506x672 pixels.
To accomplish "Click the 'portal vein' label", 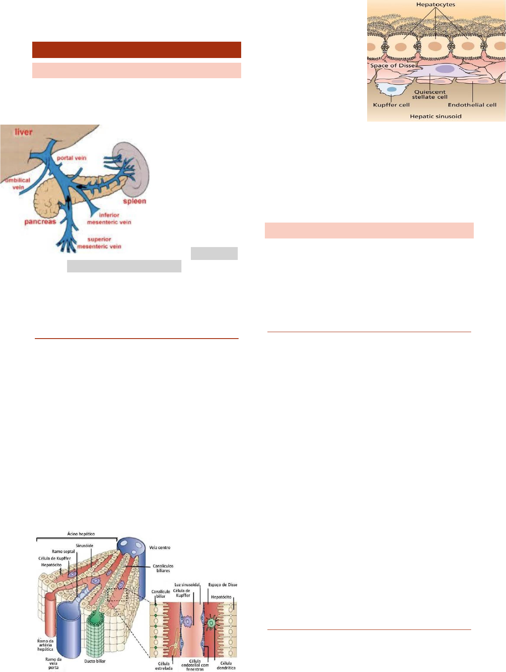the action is click(x=72, y=158).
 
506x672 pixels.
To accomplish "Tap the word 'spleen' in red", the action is click(x=135, y=201).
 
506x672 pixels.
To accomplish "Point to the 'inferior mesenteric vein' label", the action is click(x=109, y=219).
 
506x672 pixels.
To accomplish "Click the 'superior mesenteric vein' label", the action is click(x=99, y=243).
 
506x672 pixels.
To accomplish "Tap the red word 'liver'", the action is click(x=23, y=131).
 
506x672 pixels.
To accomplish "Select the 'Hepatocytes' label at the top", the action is click(x=435, y=5).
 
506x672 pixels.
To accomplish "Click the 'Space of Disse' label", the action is click(x=393, y=66).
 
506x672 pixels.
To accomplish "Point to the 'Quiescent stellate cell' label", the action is click(x=430, y=95).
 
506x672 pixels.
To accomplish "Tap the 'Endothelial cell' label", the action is click(x=472, y=105).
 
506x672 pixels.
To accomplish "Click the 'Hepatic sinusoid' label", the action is click(x=435, y=116).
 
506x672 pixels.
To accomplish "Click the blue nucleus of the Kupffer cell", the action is click(x=392, y=89).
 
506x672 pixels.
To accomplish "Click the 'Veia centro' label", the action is click(x=159, y=547).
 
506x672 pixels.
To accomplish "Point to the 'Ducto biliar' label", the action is click(x=95, y=661).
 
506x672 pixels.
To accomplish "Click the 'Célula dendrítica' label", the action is click(x=226, y=666).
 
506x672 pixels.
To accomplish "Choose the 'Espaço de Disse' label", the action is click(x=222, y=585).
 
